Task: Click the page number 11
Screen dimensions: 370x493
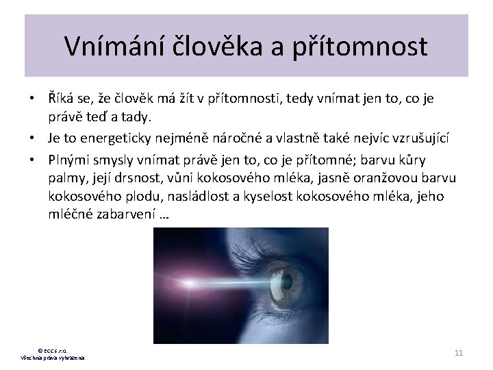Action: tap(459, 352)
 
